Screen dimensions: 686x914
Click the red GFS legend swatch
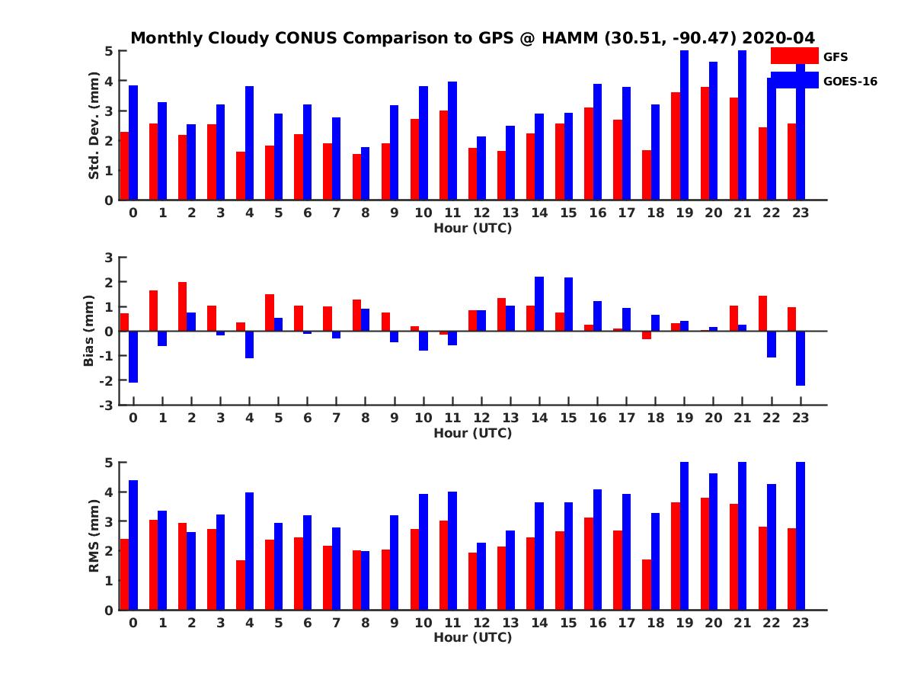pyautogui.click(x=794, y=56)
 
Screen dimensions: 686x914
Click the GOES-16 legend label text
pyautogui.click(x=850, y=81)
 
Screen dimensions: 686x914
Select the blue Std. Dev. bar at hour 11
pyautogui.click(x=452, y=141)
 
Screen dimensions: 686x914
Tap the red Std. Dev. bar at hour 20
pyautogui.click(x=705, y=143)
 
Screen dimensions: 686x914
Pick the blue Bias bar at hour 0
pyautogui.click(x=133, y=357)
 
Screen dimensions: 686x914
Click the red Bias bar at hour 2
pyautogui.click(x=182, y=306)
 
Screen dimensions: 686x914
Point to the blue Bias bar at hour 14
pyautogui.click(x=539, y=303)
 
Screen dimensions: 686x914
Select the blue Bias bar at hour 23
pyautogui.click(x=801, y=358)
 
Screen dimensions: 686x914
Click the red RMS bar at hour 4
pyautogui.click(x=241, y=585)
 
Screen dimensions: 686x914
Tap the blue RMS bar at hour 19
pyautogui.click(x=684, y=536)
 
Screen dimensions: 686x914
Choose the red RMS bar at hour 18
pyautogui.click(x=647, y=585)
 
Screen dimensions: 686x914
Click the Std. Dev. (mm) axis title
pyautogui.click(x=94, y=126)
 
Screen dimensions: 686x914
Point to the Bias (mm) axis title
pyautogui.click(x=88, y=331)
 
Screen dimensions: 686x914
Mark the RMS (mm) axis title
pyautogui.click(x=94, y=536)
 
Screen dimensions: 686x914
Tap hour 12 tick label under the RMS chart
pyautogui.click(x=481, y=623)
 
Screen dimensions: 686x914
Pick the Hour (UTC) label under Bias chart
pyautogui.click(x=472, y=433)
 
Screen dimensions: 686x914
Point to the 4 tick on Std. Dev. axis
pyautogui.click(x=109, y=81)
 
